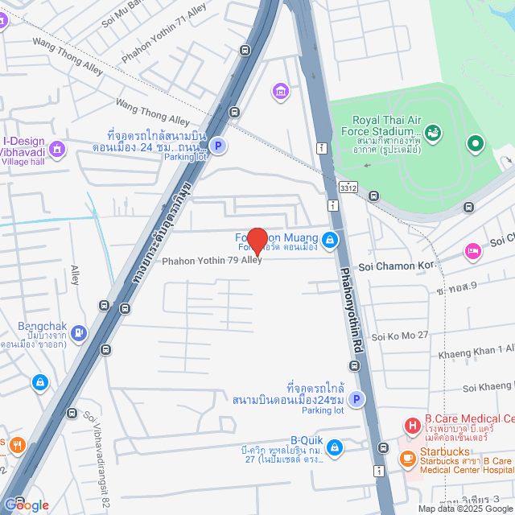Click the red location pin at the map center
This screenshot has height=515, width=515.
pyautogui.click(x=257, y=241)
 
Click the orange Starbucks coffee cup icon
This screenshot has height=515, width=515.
pyautogui.click(x=407, y=458)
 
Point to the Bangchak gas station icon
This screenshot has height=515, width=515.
pyautogui.click(x=78, y=332)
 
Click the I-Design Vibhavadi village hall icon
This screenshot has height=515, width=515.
pyautogui.click(x=57, y=149)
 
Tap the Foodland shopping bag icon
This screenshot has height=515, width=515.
pyautogui.click(x=330, y=240)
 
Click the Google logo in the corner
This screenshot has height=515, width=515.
pyautogui.click(x=26, y=505)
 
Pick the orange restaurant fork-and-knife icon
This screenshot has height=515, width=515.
pyautogui.click(x=18, y=443)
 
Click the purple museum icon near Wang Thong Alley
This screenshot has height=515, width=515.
pyautogui.click(x=280, y=90)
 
